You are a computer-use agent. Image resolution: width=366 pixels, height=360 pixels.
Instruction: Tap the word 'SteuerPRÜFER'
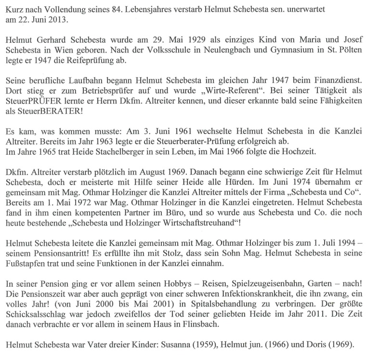(30, 106)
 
